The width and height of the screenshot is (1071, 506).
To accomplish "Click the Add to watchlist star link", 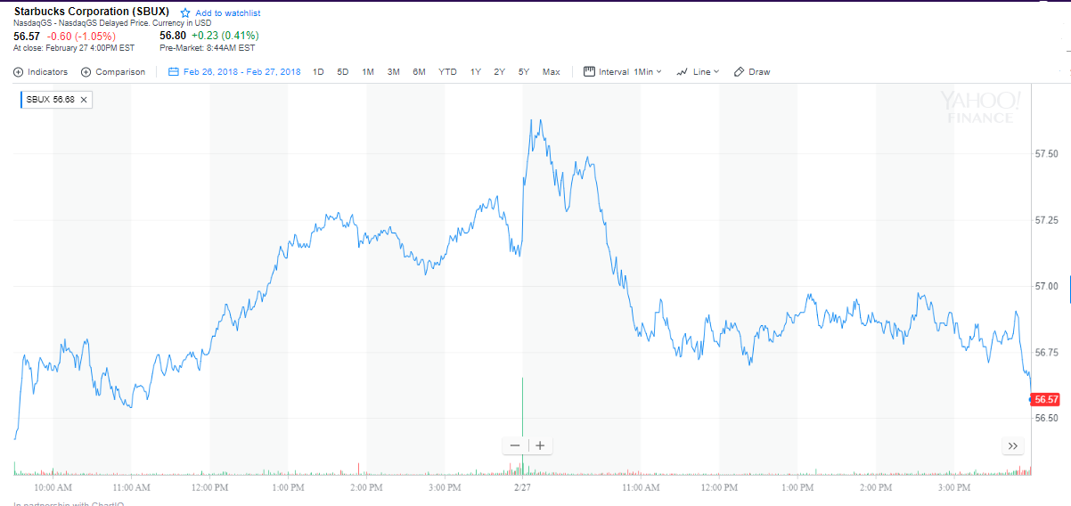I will (220, 13).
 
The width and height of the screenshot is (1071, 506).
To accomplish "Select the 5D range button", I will (343, 72).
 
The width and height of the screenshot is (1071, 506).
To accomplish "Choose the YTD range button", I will (447, 72).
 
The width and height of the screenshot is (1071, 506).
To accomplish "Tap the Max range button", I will (551, 72).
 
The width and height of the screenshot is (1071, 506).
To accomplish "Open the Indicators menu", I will (41, 72).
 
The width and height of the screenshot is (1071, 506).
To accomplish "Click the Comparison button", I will (113, 72).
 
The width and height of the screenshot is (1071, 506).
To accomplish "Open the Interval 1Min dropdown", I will (623, 72).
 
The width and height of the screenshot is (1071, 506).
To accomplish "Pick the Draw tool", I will (752, 72).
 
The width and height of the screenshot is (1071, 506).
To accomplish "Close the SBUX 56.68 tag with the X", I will (84, 100).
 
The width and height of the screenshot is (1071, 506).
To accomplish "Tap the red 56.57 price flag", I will (1046, 399).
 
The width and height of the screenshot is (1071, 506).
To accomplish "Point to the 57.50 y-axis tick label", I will (1047, 154).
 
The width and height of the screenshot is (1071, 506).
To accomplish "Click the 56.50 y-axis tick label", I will (1047, 418).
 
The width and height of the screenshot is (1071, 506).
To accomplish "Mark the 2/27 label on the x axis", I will (522, 487).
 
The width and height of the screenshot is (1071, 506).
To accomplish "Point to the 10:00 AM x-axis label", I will (53, 487).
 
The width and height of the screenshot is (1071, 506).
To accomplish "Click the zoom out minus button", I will (515, 445).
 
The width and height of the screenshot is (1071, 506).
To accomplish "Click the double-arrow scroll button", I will (1012, 445).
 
